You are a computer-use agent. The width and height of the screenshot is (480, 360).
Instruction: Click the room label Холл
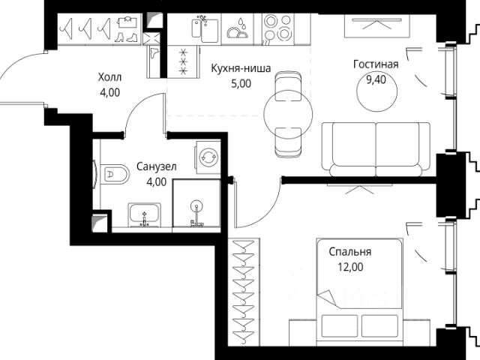click(109, 76)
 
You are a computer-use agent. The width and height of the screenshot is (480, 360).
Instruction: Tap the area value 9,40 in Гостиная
click(376, 80)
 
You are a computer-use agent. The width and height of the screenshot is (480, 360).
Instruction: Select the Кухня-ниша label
click(241, 68)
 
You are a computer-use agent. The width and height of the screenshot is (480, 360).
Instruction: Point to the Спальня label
click(350, 252)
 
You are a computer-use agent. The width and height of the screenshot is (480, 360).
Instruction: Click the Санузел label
click(157, 167)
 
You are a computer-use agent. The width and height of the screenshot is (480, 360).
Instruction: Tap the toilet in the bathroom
click(115, 175)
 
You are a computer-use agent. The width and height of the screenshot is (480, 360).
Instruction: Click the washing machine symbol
click(208, 157)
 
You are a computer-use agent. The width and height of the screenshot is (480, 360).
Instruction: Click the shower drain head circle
click(196, 207)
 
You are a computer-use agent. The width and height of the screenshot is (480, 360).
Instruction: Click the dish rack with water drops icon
click(237, 29)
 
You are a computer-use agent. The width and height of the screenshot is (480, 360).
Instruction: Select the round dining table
click(288, 114)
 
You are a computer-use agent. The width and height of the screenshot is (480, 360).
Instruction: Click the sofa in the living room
click(376, 150)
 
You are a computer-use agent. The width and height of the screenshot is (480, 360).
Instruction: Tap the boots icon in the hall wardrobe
click(127, 37)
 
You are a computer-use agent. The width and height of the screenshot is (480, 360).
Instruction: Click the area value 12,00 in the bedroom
click(350, 267)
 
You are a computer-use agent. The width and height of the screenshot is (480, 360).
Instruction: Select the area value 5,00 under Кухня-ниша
click(241, 83)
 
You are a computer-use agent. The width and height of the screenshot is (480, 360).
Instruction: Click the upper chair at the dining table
click(288, 86)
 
